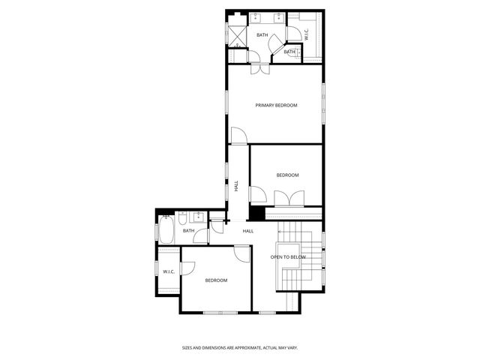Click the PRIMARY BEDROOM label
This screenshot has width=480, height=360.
[x=276, y=106]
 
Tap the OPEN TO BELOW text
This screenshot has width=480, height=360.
[x=288, y=257]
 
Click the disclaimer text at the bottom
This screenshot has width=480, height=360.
[x=239, y=348]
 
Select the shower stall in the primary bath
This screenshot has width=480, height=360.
[x=237, y=35]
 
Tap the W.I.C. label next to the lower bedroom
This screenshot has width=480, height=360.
[x=167, y=271]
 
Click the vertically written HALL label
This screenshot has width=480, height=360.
[x=236, y=186]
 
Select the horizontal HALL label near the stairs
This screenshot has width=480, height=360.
[x=247, y=231]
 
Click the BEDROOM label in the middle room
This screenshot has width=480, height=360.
[x=287, y=175]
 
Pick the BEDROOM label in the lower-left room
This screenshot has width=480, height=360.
[x=216, y=280]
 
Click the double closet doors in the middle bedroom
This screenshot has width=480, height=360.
[x=288, y=199]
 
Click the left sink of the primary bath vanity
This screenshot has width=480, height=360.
[x=255, y=16]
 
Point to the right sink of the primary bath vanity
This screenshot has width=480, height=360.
[x=279, y=16]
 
